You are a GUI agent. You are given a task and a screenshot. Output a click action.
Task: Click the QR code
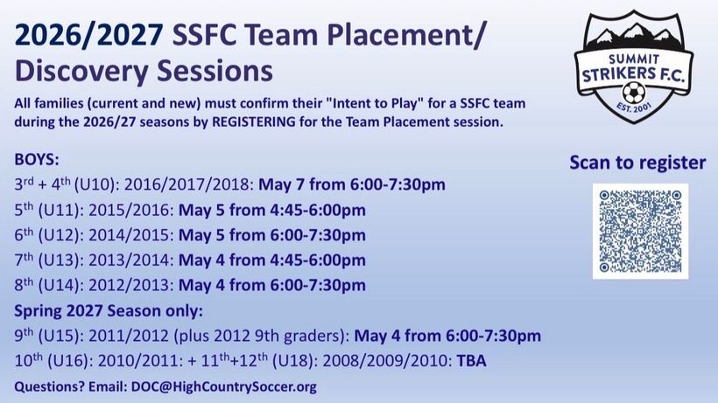[x=640, y=231]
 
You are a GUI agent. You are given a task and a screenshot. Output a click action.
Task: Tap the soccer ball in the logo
[x=634, y=93]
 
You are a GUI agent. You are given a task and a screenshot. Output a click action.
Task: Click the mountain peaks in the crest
[x=633, y=34]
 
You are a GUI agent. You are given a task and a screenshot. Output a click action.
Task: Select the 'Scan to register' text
[x=637, y=163]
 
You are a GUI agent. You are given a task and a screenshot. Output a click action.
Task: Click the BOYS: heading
[x=37, y=159]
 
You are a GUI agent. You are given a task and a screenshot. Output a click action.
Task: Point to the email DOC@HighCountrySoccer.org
[x=223, y=386]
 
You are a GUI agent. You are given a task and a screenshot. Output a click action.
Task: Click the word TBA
[x=471, y=361]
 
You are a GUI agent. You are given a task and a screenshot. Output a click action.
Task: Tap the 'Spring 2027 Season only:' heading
[x=109, y=310]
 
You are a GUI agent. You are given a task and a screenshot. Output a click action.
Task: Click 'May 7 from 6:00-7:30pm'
[x=352, y=184]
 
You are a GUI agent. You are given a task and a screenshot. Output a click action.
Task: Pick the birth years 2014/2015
[x=131, y=235]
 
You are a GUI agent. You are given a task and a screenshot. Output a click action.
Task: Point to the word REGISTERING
[x=254, y=122]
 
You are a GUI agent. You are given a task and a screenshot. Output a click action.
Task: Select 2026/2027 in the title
[x=88, y=35]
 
